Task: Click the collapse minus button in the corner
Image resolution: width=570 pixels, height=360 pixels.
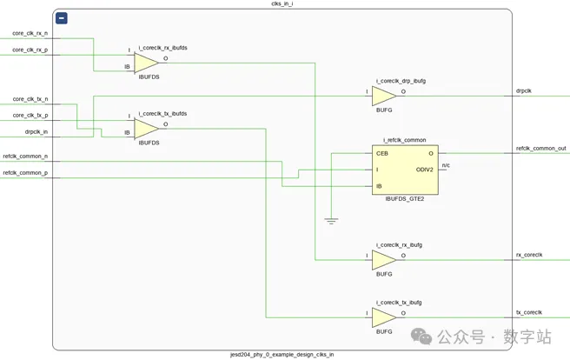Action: pyautogui.click(x=62, y=18)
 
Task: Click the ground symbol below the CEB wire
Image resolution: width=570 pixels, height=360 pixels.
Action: pyautogui.click(x=331, y=221)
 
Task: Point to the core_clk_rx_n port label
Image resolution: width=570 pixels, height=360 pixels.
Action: pyautogui.click(x=30, y=34)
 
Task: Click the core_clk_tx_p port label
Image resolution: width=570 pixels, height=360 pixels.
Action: pyautogui.click(x=30, y=116)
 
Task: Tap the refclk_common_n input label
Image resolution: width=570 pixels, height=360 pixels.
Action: pyautogui.click(x=25, y=157)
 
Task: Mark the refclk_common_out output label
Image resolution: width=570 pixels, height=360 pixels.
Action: pyautogui.click(x=540, y=149)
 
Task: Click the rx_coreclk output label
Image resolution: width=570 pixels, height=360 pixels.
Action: pyautogui.click(x=529, y=255)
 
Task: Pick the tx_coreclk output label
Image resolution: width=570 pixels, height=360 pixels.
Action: pyautogui.click(x=529, y=312)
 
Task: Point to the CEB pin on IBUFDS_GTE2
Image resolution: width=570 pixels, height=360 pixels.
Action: pyautogui.click(x=382, y=153)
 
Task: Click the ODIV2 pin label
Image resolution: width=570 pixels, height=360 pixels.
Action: pyautogui.click(x=424, y=170)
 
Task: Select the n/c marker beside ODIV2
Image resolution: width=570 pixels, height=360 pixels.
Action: pyautogui.click(x=446, y=165)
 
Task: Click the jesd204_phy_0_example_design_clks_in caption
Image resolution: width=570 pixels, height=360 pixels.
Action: pyautogui.click(x=282, y=355)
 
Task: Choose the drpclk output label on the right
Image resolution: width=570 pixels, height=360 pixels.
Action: pyautogui.click(x=524, y=90)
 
